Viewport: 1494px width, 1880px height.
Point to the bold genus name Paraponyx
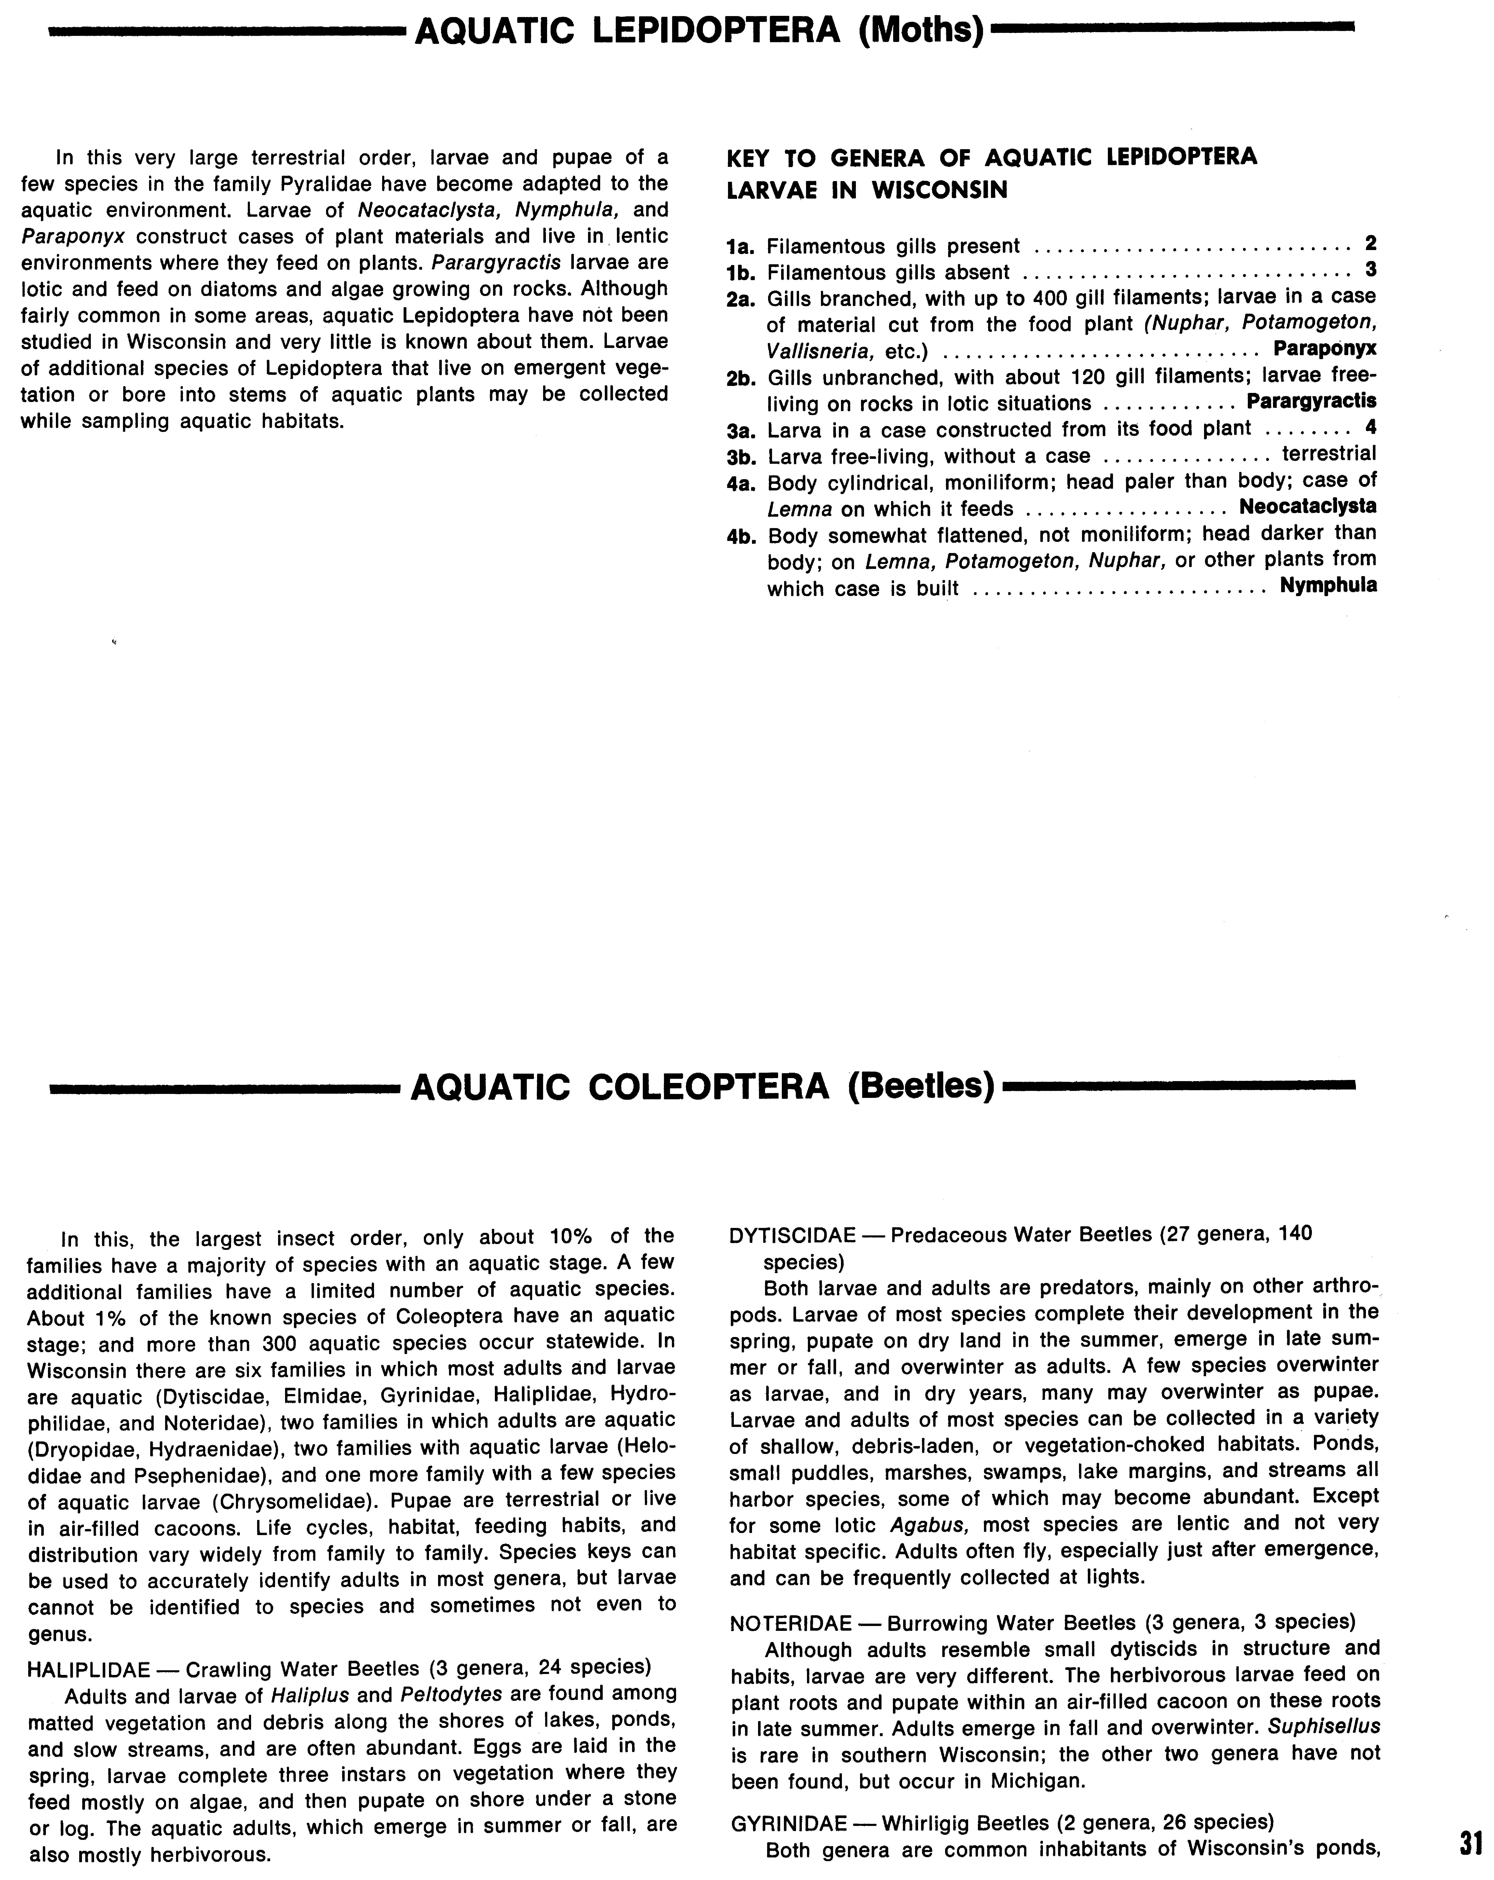[1324, 349]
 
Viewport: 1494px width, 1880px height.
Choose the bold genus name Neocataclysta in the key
[1307, 507]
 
